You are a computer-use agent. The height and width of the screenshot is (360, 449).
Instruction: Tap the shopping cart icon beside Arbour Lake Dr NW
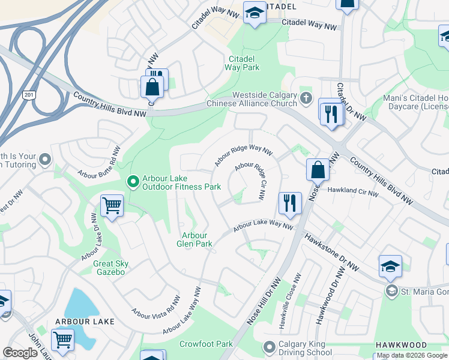(112, 207)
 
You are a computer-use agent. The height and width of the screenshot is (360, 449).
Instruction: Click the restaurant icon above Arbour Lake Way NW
(290, 204)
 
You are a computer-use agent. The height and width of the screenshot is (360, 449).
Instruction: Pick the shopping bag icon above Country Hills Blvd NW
(152, 86)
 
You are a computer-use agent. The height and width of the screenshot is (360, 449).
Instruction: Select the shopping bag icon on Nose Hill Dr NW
(318, 171)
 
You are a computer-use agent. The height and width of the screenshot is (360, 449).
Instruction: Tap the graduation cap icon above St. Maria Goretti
(390, 267)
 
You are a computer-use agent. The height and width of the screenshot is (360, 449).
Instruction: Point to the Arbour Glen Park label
(194, 239)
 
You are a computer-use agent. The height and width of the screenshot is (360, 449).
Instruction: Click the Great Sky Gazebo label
(109, 268)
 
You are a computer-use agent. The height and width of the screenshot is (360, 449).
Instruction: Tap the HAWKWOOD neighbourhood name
(401, 345)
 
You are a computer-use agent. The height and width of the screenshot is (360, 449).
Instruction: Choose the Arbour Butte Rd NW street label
(100, 162)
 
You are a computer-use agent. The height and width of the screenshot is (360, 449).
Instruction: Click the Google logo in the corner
(20, 353)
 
